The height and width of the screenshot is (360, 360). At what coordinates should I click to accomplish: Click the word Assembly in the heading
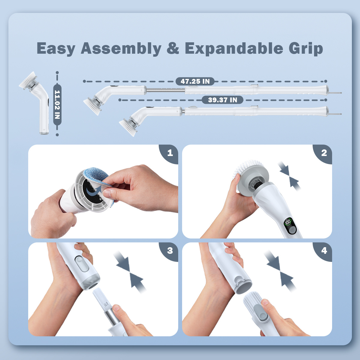click(121, 49)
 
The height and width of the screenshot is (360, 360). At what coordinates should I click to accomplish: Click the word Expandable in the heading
click(233, 49)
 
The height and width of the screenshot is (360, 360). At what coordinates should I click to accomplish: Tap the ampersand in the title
click(173, 49)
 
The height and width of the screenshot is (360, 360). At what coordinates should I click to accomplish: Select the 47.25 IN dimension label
click(195, 81)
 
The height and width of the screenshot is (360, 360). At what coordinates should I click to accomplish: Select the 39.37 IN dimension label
click(222, 100)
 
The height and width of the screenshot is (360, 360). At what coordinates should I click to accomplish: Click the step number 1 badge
click(170, 153)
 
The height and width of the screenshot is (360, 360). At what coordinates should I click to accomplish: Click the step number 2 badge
click(324, 153)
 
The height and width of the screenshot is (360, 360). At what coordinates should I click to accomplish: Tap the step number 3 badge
click(170, 250)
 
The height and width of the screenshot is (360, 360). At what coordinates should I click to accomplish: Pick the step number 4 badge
click(324, 250)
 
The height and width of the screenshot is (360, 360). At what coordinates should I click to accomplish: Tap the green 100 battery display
click(288, 222)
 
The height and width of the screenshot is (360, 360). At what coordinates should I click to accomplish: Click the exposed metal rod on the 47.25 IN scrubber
click(165, 90)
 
